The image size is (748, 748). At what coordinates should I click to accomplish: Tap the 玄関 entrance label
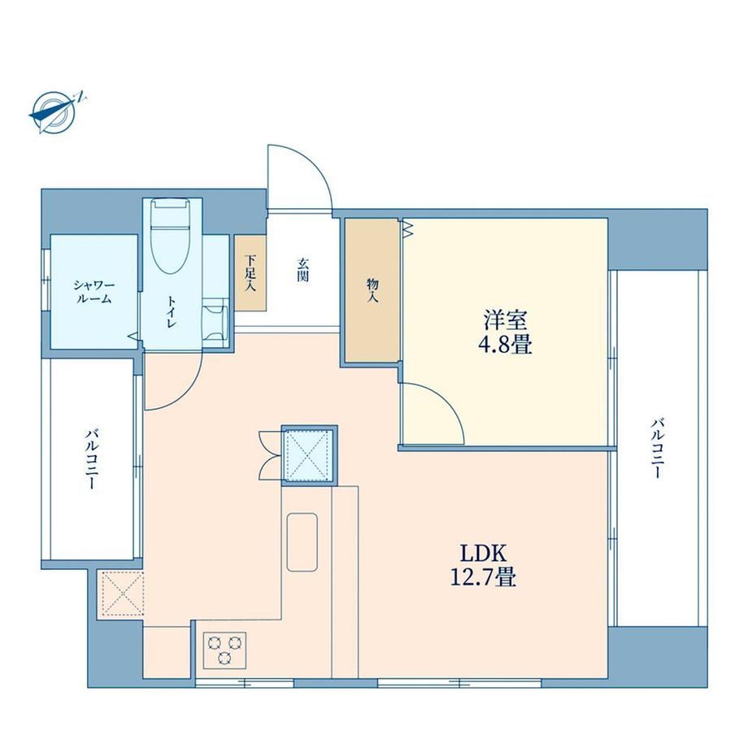click(302, 270)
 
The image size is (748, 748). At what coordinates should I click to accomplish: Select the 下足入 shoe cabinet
click(250, 273)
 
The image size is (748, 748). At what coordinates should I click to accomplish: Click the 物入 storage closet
click(372, 290)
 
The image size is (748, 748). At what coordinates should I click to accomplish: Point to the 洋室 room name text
click(505, 320)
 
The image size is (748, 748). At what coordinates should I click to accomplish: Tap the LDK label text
click(483, 554)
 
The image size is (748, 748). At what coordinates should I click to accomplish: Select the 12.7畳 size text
click(483, 577)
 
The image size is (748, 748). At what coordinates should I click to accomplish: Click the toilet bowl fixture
click(170, 236)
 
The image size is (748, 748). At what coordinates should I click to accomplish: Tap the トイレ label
click(172, 312)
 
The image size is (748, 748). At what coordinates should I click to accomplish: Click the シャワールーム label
click(94, 293)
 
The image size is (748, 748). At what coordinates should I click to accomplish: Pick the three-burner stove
click(224, 650)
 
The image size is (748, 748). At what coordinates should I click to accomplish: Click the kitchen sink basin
click(302, 542)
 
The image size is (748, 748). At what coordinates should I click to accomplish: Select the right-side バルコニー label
click(659, 449)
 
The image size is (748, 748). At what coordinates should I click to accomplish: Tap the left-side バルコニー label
click(92, 459)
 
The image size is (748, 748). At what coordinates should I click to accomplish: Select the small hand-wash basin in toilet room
click(215, 323)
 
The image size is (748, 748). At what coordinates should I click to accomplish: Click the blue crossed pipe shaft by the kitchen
click(309, 455)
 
